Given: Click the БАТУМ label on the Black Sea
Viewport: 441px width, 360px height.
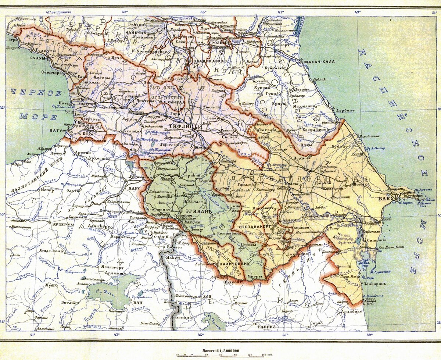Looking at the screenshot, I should [x=58, y=131].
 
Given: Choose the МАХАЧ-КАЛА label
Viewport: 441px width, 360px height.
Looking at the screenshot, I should [x=319, y=61].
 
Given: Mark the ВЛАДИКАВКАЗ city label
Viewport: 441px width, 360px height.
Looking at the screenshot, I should [x=207, y=61].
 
